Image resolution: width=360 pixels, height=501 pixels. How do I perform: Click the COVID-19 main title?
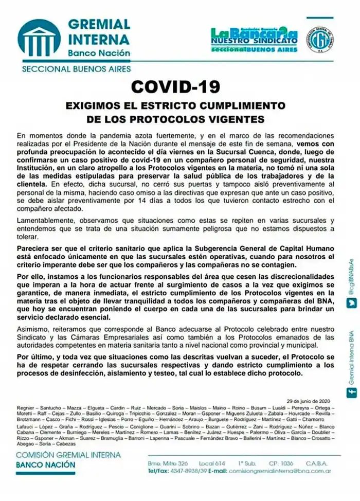pos(175,85)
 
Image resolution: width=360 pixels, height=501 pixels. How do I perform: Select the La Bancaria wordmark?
pos(254,34)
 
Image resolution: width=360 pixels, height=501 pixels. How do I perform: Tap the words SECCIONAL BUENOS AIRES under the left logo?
pos(76,68)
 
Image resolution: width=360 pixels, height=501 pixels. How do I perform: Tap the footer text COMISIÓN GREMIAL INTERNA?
pos(68,455)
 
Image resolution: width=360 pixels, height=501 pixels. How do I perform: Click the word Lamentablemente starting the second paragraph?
pos(45,219)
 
